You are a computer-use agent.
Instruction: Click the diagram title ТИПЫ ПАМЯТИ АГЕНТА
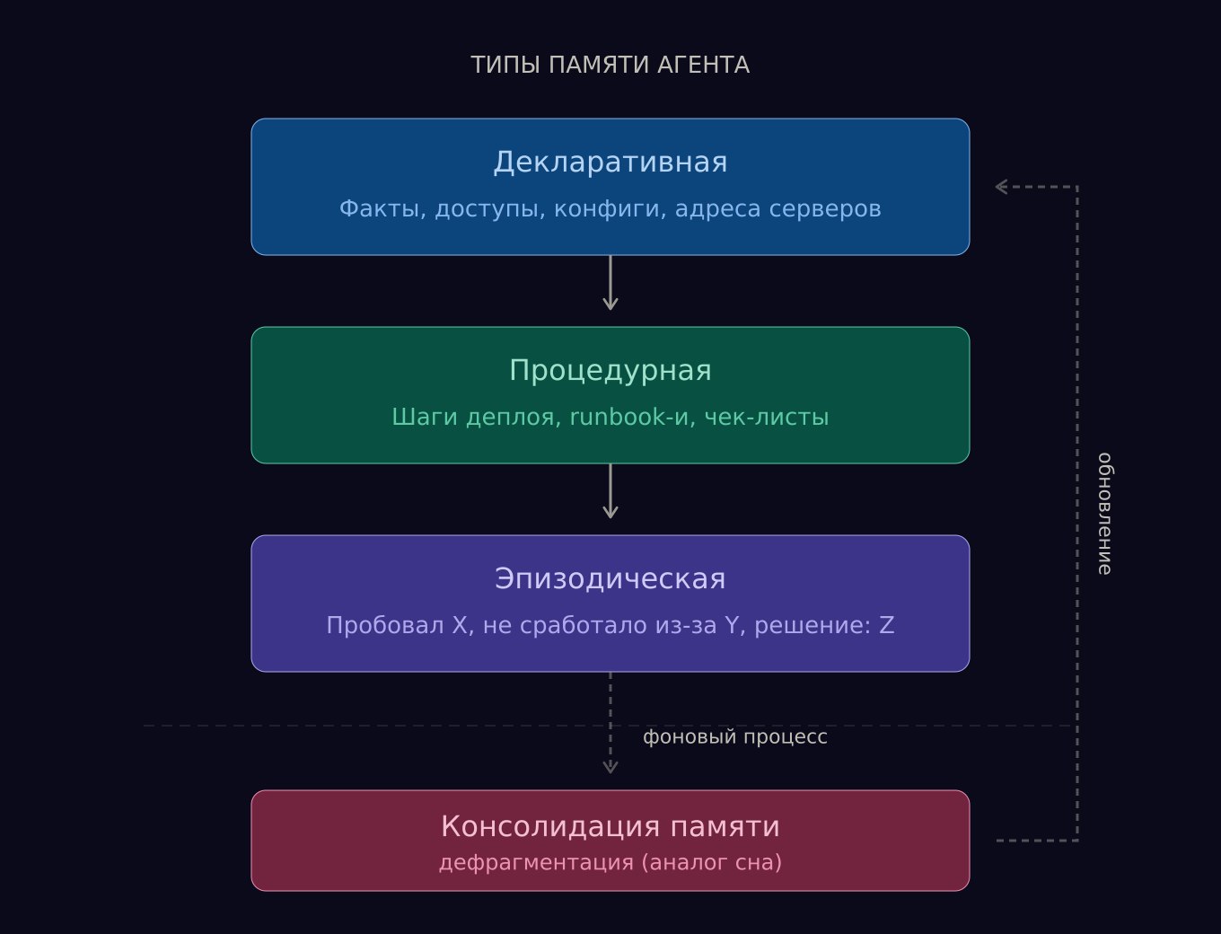click(610, 65)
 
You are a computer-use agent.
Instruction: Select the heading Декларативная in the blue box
click(610, 163)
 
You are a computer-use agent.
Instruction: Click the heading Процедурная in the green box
click(610, 371)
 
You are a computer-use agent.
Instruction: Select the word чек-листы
click(767, 418)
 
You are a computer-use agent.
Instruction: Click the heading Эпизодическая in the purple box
click(610, 579)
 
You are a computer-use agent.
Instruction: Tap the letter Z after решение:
click(887, 625)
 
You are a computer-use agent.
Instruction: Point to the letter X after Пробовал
click(461, 625)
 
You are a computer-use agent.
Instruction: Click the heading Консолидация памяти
click(610, 826)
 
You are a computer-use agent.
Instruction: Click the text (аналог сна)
click(711, 863)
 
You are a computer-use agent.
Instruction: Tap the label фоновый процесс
click(734, 737)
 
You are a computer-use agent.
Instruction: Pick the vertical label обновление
click(1105, 514)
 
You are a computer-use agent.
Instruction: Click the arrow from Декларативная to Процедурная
click(610, 283)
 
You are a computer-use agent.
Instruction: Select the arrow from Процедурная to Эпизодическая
click(610, 491)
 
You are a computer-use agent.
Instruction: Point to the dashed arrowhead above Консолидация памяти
click(610, 768)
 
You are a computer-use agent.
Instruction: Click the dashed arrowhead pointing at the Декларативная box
click(1001, 187)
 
